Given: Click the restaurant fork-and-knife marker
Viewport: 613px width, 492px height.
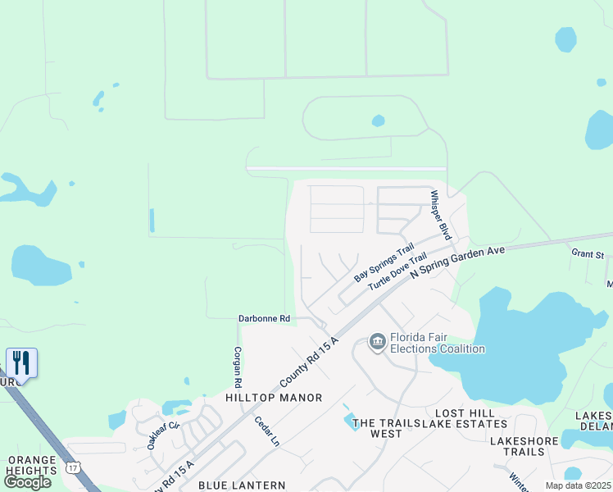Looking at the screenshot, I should coord(21,362).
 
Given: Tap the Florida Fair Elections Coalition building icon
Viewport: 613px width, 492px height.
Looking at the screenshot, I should coord(377,340).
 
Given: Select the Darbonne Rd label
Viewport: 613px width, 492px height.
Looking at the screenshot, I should coord(264,318).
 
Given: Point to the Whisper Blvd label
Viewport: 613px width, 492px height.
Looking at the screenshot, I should coord(441,215).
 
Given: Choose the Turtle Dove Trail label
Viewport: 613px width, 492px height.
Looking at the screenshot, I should coord(397,271).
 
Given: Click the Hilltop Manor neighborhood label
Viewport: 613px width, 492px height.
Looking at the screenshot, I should coord(275,398).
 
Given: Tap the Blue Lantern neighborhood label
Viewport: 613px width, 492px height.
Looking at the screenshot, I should coord(242,485).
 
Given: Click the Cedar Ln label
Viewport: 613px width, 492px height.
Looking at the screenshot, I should coord(267,431).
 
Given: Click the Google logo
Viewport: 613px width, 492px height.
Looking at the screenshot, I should coord(28,481).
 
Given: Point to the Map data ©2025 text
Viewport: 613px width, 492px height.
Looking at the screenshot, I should coord(578,485).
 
